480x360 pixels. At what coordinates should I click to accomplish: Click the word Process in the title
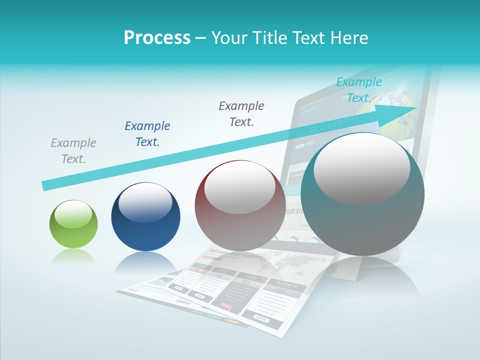pos(157,38)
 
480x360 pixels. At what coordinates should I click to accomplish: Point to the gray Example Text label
pos(73,150)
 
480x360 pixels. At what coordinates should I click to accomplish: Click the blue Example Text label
pos(147,133)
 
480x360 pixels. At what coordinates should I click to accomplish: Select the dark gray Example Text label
pos(241,113)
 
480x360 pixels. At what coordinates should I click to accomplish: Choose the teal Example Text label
pos(358,89)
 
